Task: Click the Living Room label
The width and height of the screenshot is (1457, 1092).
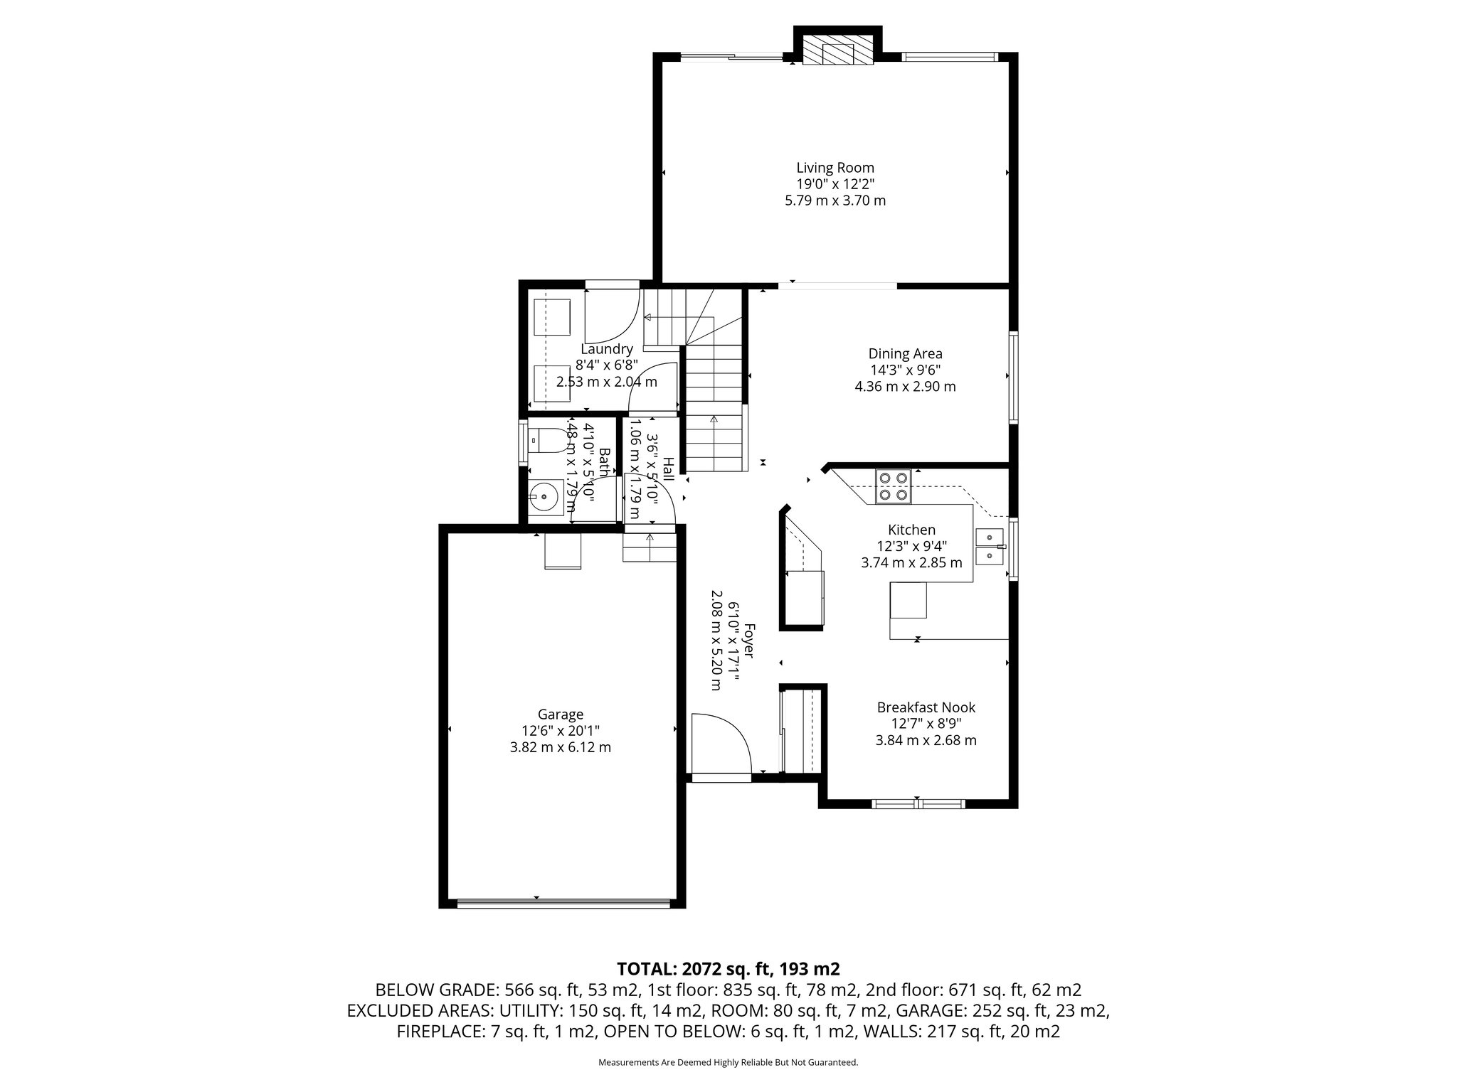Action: coord(835,168)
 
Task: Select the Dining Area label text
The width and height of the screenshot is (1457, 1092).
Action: coord(905,354)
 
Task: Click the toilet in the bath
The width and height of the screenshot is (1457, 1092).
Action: coord(548,441)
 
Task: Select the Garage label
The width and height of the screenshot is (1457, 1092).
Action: coord(560,714)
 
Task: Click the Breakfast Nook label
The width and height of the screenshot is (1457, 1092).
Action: coord(926,707)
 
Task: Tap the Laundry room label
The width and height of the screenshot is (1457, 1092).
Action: coord(607,349)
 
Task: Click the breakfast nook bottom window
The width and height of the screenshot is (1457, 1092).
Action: coord(918,804)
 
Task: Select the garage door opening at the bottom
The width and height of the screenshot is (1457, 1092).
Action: coord(563,904)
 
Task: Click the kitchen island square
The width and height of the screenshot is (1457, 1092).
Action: coord(908,599)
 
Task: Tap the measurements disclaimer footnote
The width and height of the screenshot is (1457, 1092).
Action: coord(728,1062)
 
